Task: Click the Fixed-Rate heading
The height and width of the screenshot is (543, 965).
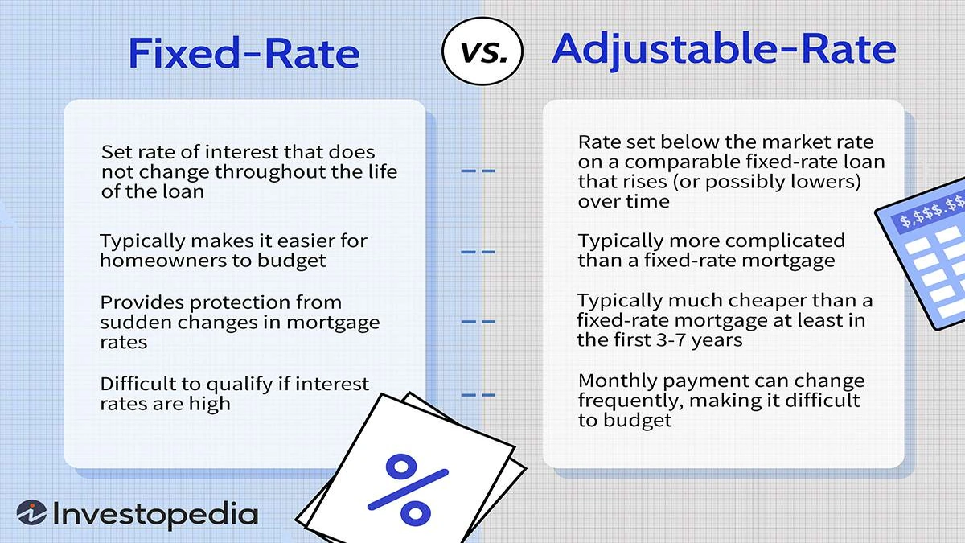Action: click(x=244, y=53)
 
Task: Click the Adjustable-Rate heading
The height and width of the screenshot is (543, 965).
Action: click(x=723, y=50)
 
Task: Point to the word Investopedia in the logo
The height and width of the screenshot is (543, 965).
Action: click(x=155, y=515)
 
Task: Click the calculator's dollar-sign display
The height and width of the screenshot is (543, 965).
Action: click(x=933, y=211)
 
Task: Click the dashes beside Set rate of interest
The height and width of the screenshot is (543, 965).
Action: click(x=478, y=171)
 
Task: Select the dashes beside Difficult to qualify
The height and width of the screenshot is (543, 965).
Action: click(x=478, y=394)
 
